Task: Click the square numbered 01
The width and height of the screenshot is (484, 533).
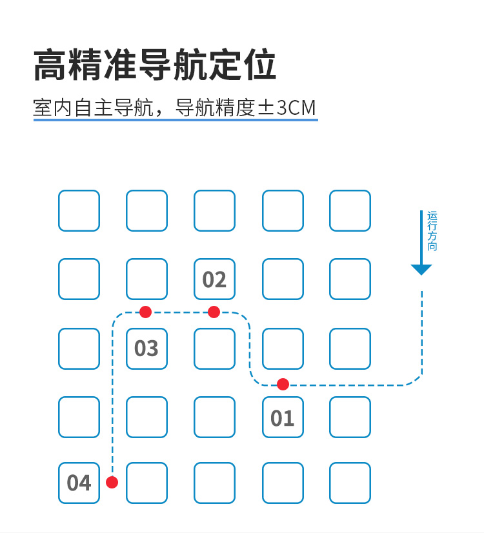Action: coord(283,417)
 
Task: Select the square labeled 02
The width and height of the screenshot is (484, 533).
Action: coord(214,279)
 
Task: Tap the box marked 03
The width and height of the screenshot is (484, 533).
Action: coord(147,348)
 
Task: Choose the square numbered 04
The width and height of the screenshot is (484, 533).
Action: coord(79,483)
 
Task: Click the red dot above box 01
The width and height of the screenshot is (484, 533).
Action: coord(283,385)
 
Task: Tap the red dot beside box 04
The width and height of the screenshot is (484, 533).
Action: coord(112,482)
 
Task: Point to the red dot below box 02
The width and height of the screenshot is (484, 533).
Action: coord(214,312)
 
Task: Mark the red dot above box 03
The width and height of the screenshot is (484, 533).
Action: coord(145,312)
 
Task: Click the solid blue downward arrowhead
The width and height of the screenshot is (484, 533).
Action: coord(421,269)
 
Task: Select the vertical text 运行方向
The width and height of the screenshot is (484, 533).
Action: coord(432,231)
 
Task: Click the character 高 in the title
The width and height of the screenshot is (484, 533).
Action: coord(50,65)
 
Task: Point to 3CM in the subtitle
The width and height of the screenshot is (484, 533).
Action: coord(296,108)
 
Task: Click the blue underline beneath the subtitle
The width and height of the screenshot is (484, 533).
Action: coord(176,119)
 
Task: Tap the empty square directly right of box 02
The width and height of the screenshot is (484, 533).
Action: coord(283,279)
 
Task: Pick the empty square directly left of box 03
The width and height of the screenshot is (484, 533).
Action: coord(79,348)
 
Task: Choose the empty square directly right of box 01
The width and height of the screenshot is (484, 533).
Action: coord(350,417)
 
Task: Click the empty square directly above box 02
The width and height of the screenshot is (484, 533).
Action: coord(214,211)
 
